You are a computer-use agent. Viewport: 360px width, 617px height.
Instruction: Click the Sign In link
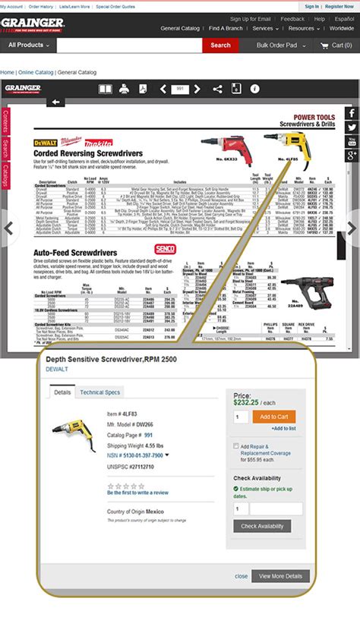[x=311, y=6]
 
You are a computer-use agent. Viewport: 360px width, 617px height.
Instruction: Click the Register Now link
[x=339, y=6]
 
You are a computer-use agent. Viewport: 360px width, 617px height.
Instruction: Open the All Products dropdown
[x=28, y=46]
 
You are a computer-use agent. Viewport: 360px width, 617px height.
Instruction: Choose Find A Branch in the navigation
[x=226, y=28]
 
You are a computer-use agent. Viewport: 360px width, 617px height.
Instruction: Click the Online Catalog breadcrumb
[x=36, y=72]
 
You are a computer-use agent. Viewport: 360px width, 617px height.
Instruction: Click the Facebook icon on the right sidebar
[x=352, y=113]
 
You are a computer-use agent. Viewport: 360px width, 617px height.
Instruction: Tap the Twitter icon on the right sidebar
[x=352, y=127]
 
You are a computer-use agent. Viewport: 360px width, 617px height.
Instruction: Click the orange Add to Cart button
[x=273, y=417]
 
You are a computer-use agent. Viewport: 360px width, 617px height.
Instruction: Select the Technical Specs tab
[x=100, y=392]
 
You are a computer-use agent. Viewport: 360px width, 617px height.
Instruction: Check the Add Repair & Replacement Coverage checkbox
[x=236, y=447]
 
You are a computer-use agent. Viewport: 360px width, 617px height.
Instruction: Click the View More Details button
[x=280, y=576]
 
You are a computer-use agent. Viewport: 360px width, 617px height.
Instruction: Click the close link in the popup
[x=241, y=576]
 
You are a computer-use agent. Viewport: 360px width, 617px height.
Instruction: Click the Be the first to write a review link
[x=137, y=493]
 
